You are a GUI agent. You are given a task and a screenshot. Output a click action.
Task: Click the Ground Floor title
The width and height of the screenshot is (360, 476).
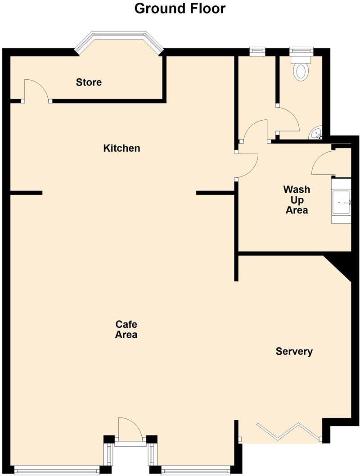pos(180,8)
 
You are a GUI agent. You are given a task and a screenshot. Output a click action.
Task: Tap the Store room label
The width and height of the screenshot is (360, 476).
pos(89,82)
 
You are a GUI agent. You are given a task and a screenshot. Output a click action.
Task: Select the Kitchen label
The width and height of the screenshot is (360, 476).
pos(121,148)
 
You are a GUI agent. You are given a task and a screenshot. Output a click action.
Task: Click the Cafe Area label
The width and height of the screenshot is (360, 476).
pos(126,330)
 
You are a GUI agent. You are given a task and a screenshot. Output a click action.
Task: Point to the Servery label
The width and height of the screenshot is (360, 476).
pos(294,352)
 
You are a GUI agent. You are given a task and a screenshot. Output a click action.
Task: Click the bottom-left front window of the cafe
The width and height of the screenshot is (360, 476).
pos(57,470)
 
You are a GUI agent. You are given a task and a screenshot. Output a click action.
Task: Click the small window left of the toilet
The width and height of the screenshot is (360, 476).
pos(257,51)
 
